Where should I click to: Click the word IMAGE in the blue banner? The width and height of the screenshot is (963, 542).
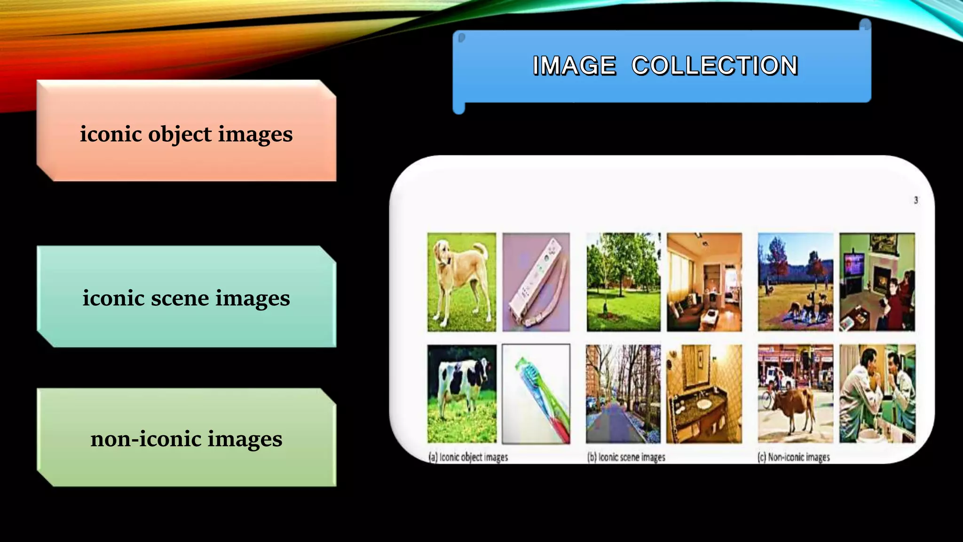point(574,65)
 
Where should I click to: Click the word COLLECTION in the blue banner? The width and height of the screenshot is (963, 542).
point(714,65)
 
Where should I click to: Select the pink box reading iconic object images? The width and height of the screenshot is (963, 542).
point(186,134)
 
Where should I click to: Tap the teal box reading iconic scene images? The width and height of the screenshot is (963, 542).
point(186,298)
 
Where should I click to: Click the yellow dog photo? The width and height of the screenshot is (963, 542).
point(461,282)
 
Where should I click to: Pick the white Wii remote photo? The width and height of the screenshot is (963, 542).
point(536,282)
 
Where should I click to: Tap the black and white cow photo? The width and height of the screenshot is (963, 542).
point(461,394)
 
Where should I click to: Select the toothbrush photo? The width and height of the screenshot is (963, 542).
point(536,394)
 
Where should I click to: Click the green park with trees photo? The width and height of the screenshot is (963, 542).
point(623,282)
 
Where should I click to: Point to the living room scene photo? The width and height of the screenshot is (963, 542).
point(704,282)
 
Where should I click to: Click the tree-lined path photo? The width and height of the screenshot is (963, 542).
point(623,394)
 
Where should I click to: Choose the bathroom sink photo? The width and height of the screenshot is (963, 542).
point(704,394)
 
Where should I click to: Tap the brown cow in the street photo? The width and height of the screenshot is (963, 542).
point(795,394)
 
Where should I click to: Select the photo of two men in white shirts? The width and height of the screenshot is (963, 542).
point(877,394)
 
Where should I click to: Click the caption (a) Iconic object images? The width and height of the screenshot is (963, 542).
point(468,457)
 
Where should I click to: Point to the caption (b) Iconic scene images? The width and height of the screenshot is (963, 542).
point(626,457)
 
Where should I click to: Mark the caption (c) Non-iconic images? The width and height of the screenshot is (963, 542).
point(794,457)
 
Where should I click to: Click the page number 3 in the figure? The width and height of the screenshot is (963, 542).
point(916,200)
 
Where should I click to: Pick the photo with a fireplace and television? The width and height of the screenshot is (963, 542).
point(877,282)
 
